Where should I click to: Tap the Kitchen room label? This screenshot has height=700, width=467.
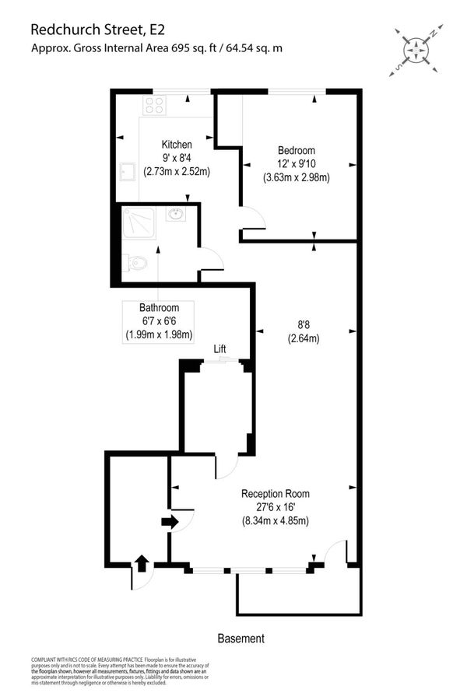tap(177, 145)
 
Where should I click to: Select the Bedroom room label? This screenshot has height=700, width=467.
tap(297, 150)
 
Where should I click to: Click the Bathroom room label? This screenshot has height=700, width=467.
tap(159, 308)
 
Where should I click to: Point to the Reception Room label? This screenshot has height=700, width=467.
tap(276, 493)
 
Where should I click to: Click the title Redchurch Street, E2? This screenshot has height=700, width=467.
tap(97, 30)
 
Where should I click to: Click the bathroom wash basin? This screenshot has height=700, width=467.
tap(176, 215)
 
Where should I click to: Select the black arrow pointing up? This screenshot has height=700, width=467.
tap(142, 562)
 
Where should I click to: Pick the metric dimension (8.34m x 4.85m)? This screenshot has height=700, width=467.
tap(275, 521)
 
